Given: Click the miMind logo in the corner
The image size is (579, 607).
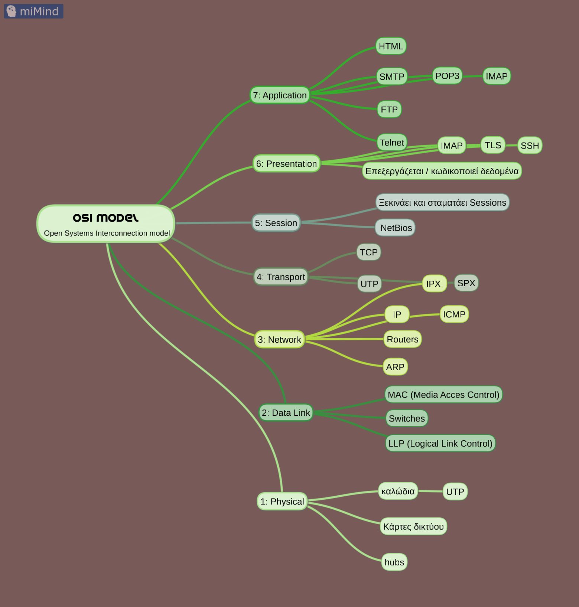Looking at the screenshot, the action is coord(33,11).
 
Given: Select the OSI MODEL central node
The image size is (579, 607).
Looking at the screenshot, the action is coord(106,224).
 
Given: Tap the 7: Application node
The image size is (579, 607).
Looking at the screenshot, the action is coord(280,95).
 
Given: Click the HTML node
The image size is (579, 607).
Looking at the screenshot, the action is coord(391,46).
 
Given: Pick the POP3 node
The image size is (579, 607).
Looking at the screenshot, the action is coord(447,76).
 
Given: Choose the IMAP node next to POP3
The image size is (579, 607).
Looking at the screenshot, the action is coord(497,76).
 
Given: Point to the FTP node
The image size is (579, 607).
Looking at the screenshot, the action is coord(389,110).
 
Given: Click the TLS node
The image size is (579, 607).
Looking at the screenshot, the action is coord(493,145).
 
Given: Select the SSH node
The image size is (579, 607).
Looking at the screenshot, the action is coord(530,146).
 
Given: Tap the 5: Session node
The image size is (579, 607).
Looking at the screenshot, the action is coord(276,223).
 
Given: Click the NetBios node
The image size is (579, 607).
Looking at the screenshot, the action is coord(396,228).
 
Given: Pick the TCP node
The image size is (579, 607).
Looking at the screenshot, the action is coord(368,252).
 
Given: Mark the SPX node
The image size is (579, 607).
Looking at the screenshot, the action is coord(466,283).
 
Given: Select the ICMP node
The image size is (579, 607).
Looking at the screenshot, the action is coord(454,314).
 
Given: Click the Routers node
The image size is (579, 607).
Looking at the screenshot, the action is coord(402,339).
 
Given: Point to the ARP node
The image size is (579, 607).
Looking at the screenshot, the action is coord(395,367).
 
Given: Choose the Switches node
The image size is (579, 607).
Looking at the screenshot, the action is coord(407,418).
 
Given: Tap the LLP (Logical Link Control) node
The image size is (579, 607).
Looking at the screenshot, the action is coord(440,443).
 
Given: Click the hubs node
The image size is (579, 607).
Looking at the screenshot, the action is coord(394,562).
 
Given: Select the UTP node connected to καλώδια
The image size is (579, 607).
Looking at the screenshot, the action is coord(455,492).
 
